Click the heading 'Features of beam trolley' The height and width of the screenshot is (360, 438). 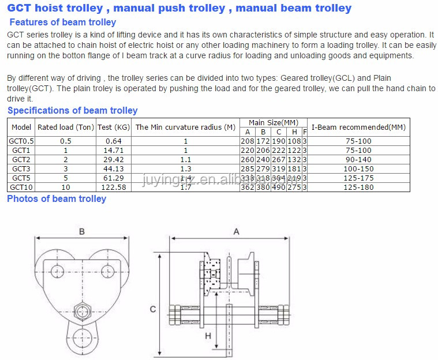click(x=63, y=22)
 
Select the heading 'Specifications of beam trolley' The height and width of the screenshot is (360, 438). click(x=72, y=110)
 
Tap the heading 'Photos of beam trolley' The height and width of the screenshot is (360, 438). click(x=57, y=198)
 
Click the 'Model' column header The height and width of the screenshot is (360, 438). click(x=21, y=127)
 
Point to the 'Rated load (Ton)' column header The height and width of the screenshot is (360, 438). click(x=65, y=127)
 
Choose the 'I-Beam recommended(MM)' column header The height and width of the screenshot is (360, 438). click(x=358, y=127)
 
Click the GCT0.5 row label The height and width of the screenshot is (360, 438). click(x=21, y=141)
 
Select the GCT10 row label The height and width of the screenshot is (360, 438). click(x=21, y=187)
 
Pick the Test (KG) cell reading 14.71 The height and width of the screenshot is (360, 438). click(x=114, y=150)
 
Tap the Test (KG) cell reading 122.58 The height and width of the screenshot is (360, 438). click(x=114, y=187)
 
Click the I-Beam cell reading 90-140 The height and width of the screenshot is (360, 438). click(x=358, y=159)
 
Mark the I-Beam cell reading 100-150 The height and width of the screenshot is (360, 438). click(x=358, y=168)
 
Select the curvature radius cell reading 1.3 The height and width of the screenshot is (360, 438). click(x=185, y=168)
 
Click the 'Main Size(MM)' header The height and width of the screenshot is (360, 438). click(x=273, y=122)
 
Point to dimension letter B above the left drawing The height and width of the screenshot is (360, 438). click(x=82, y=231)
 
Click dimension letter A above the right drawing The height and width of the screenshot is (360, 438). click(x=236, y=231)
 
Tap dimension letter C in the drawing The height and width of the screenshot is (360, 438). click(x=153, y=309)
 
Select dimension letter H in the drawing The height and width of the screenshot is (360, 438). click(x=208, y=335)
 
